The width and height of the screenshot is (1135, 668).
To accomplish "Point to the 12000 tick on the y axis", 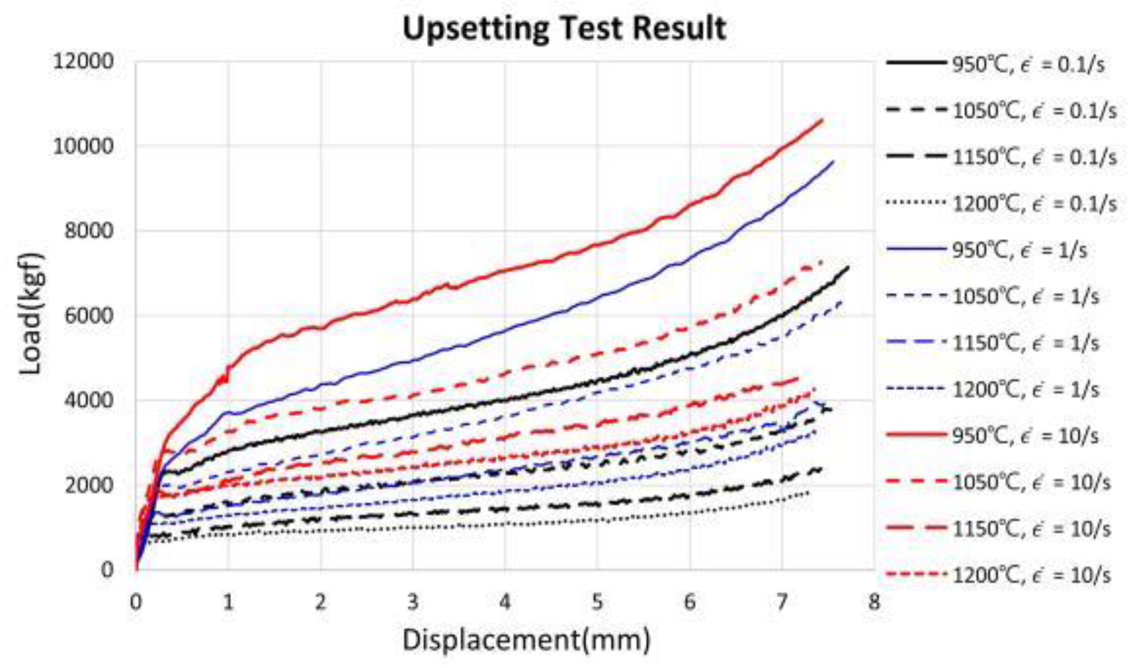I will (x=83, y=62).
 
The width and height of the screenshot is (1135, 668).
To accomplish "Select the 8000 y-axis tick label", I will (x=88, y=231).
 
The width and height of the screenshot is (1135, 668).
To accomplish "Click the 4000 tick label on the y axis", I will (x=88, y=400).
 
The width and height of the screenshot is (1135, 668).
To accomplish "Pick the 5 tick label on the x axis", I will (x=597, y=602).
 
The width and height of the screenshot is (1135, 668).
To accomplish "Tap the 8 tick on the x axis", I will (x=874, y=602).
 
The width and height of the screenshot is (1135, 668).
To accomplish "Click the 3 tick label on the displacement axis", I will (x=413, y=602).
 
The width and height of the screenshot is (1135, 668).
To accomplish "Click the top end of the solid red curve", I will (x=823, y=120).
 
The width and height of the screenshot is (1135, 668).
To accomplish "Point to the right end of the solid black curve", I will (x=849, y=267).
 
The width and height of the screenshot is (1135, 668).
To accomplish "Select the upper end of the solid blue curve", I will (x=833, y=161).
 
